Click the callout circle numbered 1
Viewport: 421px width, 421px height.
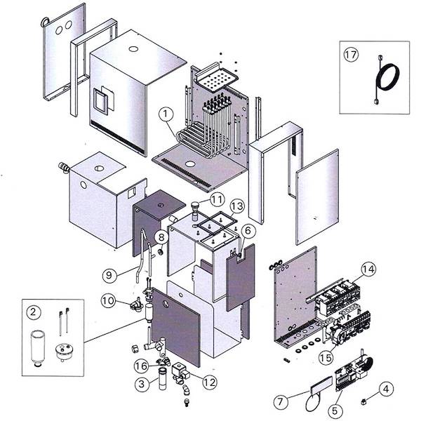166,112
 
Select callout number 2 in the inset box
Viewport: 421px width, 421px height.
33,310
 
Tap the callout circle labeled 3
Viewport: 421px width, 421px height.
142,383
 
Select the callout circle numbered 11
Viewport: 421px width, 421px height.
197,200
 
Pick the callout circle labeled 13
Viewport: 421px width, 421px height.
237,206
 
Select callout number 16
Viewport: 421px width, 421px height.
141,366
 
